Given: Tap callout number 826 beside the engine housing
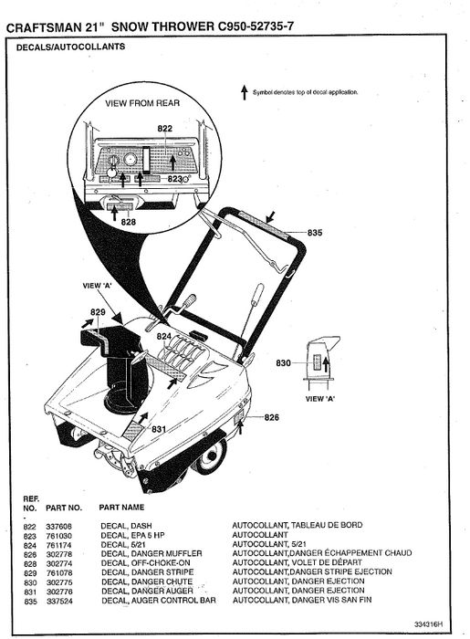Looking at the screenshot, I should tap(271, 417).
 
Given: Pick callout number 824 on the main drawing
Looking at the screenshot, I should tap(164, 337).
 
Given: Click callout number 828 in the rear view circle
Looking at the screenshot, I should tap(128, 222).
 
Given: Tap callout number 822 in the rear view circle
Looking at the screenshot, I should tap(164, 129).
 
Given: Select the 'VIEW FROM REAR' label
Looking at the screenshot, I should tap(142, 103).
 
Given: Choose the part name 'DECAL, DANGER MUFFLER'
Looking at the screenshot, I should tap(151, 554).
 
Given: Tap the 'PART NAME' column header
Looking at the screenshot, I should tap(122, 506).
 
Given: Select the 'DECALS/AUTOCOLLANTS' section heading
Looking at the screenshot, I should tap(71, 47).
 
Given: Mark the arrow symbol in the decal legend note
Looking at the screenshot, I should tap(244, 93).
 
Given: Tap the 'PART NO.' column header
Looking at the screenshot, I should tap(64, 506).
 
